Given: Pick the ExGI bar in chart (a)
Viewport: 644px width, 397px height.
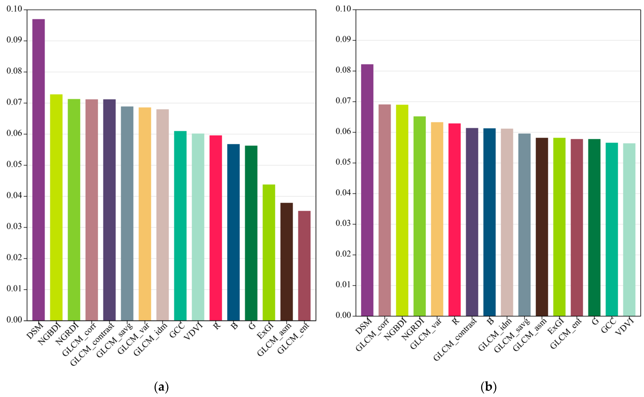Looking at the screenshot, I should point(269,252).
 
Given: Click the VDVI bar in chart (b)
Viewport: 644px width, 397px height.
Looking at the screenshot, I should point(629,230).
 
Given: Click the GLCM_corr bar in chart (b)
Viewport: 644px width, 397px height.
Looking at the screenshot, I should point(385,210).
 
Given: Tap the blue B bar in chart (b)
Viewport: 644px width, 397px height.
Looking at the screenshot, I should point(489,222).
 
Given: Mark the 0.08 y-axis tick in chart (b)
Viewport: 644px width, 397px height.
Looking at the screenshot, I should point(343,70).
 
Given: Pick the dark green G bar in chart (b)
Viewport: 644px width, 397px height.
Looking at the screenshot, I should point(594,227).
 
